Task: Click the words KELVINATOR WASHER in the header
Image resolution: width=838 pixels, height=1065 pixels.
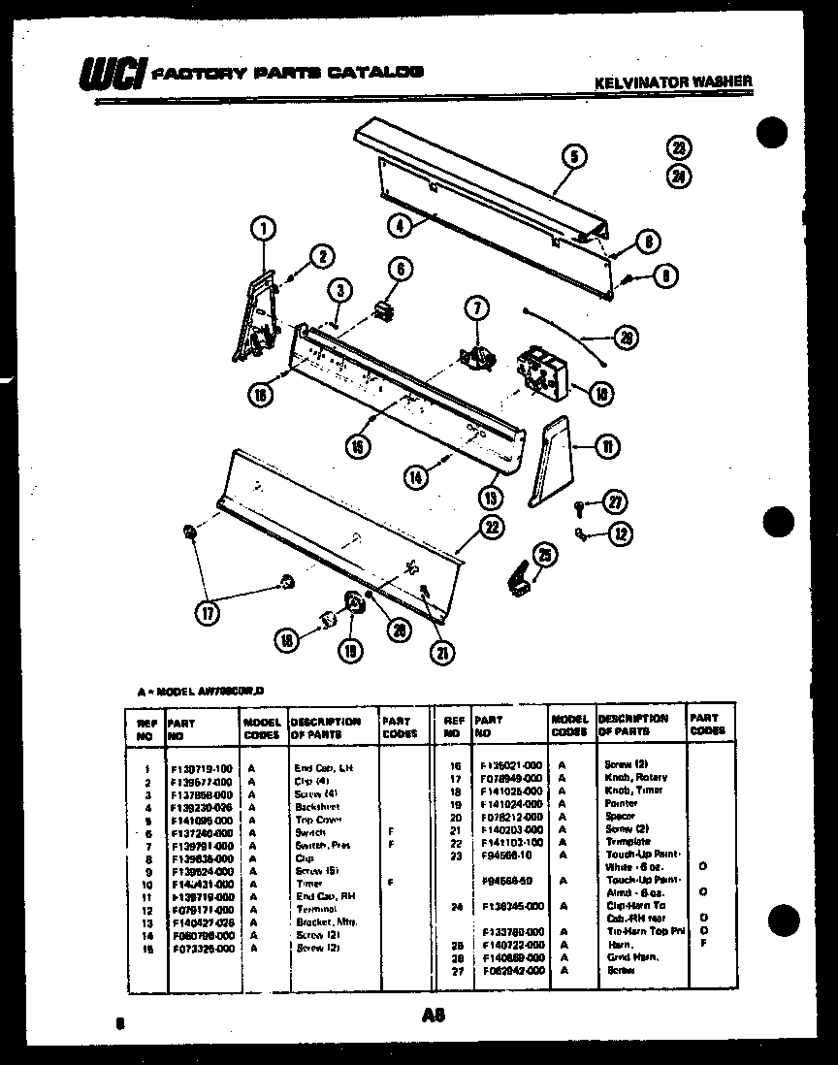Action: click(x=672, y=82)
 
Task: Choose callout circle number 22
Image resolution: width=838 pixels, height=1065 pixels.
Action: click(x=494, y=526)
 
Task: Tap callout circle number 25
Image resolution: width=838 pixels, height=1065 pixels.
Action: click(x=547, y=555)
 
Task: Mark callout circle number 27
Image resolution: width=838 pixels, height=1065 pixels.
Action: click(x=615, y=501)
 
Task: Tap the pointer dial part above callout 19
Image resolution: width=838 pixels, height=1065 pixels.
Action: click(x=353, y=603)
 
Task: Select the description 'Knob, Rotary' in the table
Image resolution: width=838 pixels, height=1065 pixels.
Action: click(x=635, y=778)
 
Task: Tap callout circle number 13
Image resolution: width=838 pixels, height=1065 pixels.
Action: click(x=492, y=498)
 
